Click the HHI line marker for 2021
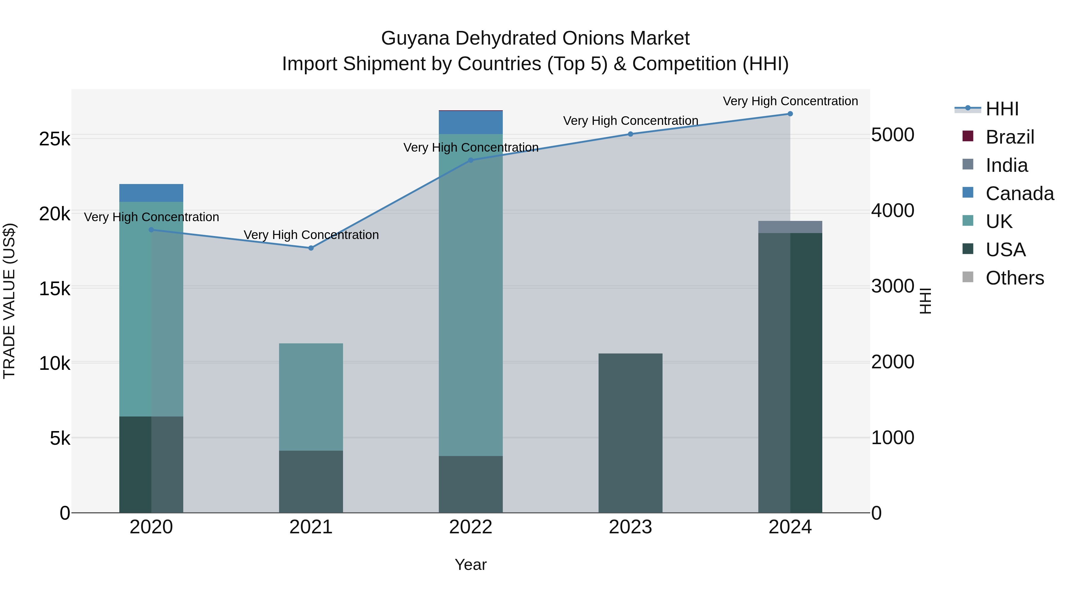(x=311, y=248)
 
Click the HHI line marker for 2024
(x=790, y=114)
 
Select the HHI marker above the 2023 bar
(x=630, y=134)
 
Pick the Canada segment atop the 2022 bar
(x=471, y=122)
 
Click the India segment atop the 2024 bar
(x=790, y=227)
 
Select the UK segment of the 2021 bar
(x=311, y=397)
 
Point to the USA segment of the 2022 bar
(x=471, y=484)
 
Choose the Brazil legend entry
(x=1009, y=137)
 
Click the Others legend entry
(x=1014, y=278)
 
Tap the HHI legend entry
(x=1002, y=109)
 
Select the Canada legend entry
(x=1020, y=194)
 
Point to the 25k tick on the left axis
(x=54, y=139)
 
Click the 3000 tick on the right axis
(x=892, y=286)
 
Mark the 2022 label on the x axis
(x=471, y=527)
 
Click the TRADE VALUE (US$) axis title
(x=9, y=301)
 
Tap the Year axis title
(x=471, y=565)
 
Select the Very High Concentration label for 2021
(x=311, y=235)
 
